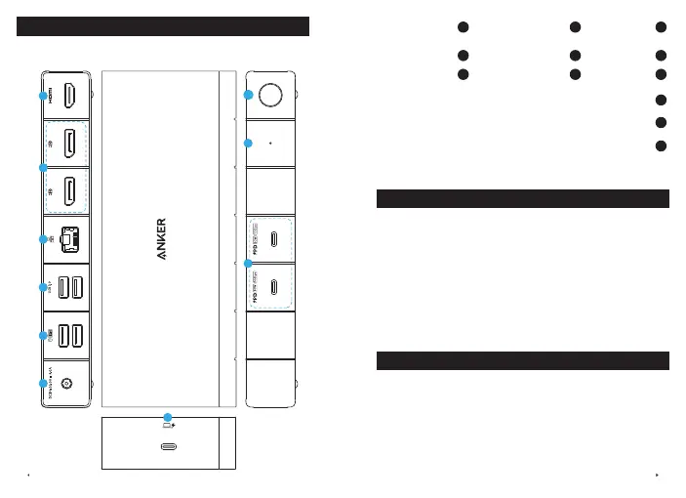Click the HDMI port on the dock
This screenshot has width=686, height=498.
[70, 96]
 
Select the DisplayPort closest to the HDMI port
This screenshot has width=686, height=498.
[70, 144]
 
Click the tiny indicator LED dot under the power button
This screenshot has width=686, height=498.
[269, 143]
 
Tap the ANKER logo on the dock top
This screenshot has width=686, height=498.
[164, 239]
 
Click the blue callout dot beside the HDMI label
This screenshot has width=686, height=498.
[42, 96]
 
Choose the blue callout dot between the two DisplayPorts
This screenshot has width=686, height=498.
[42, 168]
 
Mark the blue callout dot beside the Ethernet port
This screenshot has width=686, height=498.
[42, 240]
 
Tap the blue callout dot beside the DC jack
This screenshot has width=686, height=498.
[42, 384]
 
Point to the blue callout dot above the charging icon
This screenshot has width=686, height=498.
[168, 417]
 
